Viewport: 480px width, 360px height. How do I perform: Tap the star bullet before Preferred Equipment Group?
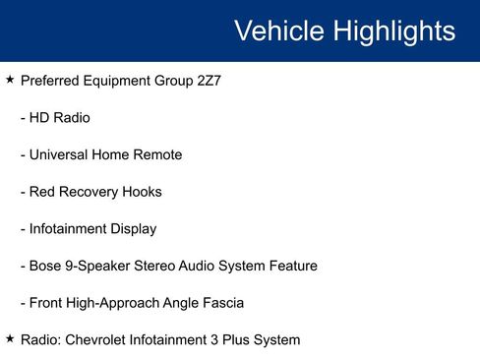[10, 80]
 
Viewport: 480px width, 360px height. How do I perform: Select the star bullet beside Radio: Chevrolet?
[10, 339]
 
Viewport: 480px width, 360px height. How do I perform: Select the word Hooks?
[142, 192]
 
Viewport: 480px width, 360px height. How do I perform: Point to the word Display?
[132, 229]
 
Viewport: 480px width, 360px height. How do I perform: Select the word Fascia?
[221, 303]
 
